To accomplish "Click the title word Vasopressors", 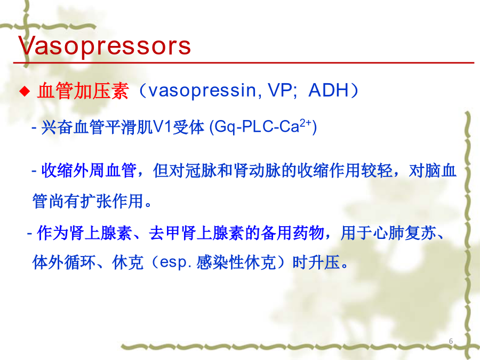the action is [x=105, y=46].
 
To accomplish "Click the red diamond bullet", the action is [x=25, y=91].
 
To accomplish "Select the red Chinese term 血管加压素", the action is [x=83, y=91].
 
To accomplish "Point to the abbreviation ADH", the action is [x=329, y=90].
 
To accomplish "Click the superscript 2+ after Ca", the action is [x=306, y=123].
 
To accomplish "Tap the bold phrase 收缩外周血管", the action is [x=89, y=170].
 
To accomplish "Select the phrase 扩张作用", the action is [x=112, y=201].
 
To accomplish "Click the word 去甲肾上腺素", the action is [x=197, y=233].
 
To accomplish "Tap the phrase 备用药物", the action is [x=292, y=233].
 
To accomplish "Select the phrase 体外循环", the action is [x=64, y=262].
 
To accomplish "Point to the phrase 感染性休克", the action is [x=236, y=262].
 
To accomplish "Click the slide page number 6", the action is [x=451, y=341].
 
